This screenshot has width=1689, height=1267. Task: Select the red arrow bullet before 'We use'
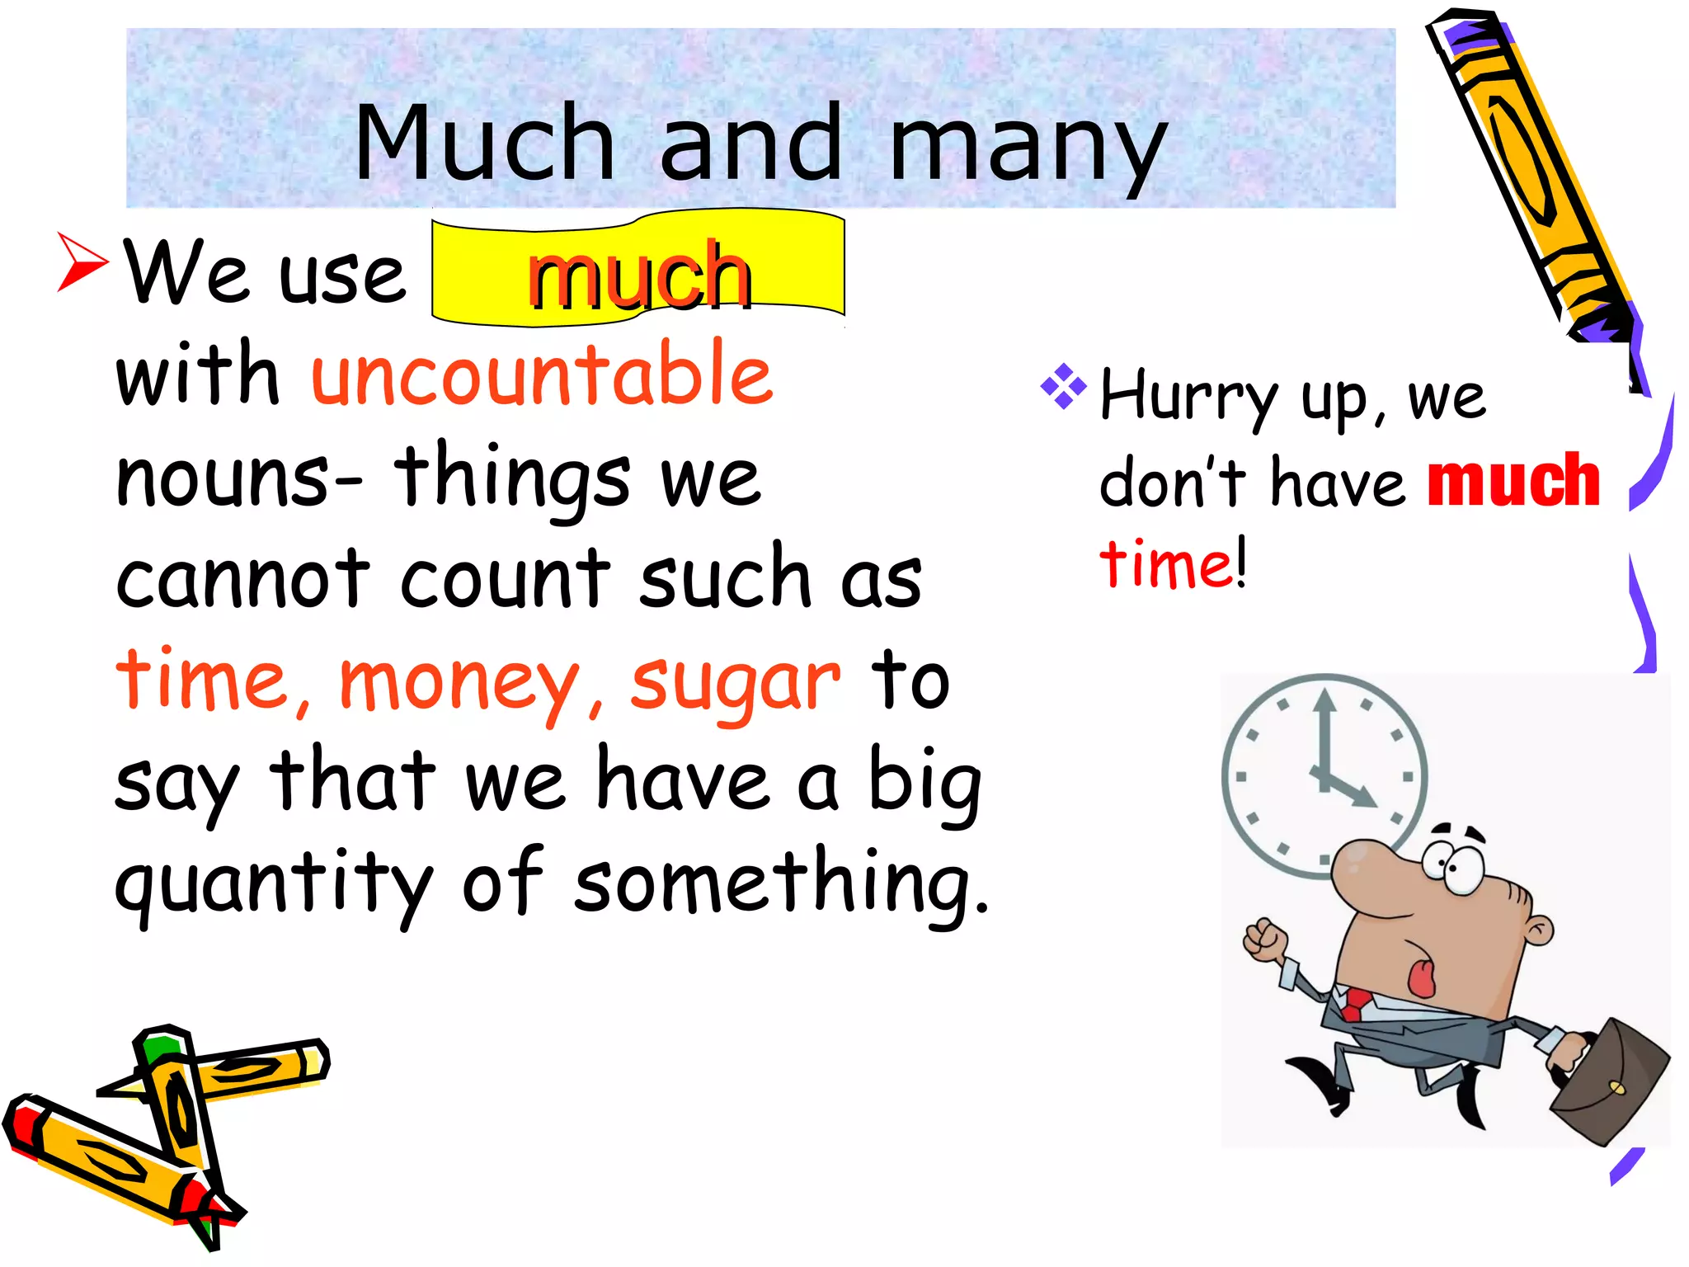tap(82, 261)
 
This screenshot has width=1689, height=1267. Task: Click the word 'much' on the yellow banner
tap(639, 276)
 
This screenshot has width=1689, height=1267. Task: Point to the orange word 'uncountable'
tap(542, 374)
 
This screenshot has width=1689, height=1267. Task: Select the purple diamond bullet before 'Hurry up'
tap(1064, 385)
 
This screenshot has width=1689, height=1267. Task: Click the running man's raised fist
tap(1265, 940)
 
